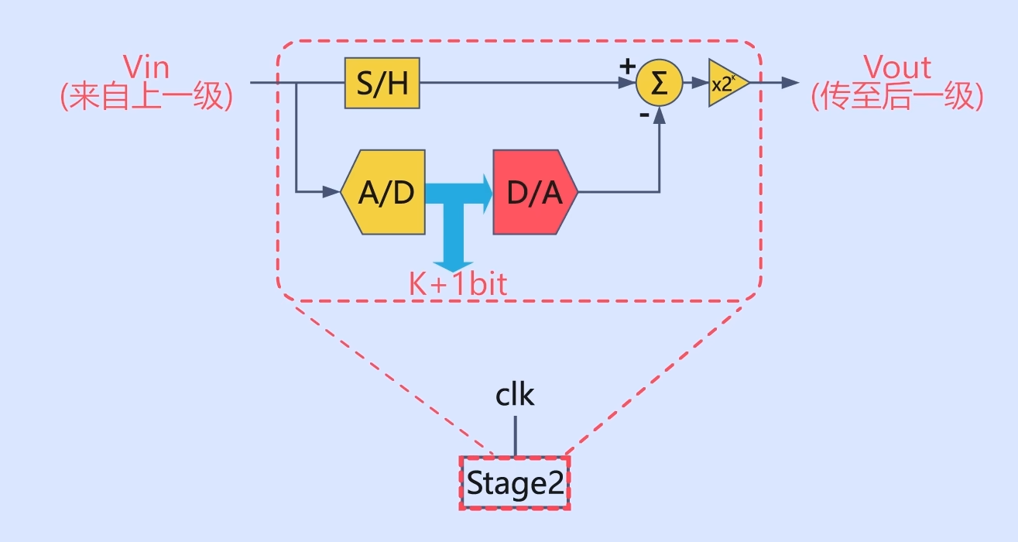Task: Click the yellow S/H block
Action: [382, 83]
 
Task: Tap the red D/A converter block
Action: [534, 192]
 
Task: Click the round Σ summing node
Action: [659, 83]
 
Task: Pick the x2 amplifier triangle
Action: [726, 84]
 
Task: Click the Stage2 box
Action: [515, 483]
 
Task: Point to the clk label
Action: [515, 395]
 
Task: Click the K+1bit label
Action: [458, 284]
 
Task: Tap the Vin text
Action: [146, 67]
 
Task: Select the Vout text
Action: [897, 67]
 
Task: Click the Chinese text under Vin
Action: [146, 98]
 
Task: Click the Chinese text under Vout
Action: [897, 98]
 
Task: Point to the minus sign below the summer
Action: [643, 115]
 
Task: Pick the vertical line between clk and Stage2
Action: [515, 436]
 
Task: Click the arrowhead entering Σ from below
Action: [660, 115]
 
